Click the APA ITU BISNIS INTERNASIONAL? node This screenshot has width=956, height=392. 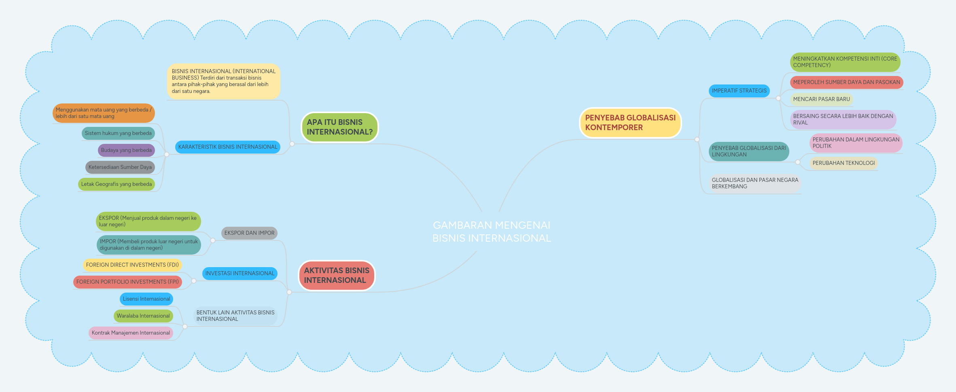(x=339, y=127)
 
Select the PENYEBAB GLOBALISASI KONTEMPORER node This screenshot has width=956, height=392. (x=630, y=123)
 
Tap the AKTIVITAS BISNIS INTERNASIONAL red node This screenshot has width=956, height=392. (x=337, y=276)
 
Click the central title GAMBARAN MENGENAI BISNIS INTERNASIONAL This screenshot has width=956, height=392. (x=492, y=232)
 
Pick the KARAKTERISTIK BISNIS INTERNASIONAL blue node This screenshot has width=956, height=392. (x=228, y=147)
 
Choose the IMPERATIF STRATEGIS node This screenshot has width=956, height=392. (x=739, y=91)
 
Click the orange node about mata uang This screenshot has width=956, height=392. (x=104, y=113)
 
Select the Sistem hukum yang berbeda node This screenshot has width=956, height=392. (x=118, y=133)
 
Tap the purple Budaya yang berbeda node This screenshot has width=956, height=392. (x=126, y=150)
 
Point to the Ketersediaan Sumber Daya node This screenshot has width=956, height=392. (x=120, y=167)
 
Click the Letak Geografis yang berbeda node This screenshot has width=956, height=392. (x=117, y=184)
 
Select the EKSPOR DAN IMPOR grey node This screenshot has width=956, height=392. (x=249, y=233)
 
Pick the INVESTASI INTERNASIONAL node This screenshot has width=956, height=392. (x=240, y=274)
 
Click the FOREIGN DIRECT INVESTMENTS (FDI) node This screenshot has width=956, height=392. (x=132, y=265)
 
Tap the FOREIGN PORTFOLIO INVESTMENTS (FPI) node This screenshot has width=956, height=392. (x=127, y=282)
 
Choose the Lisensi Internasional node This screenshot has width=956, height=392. (x=146, y=299)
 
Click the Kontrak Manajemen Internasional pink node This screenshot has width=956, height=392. (x=131, y=333)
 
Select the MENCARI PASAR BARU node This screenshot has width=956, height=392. (x=821, y=99)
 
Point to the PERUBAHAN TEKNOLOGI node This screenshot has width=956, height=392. (x=844, y=163)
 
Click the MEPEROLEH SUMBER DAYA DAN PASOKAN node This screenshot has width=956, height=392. (x=846, y=82)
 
